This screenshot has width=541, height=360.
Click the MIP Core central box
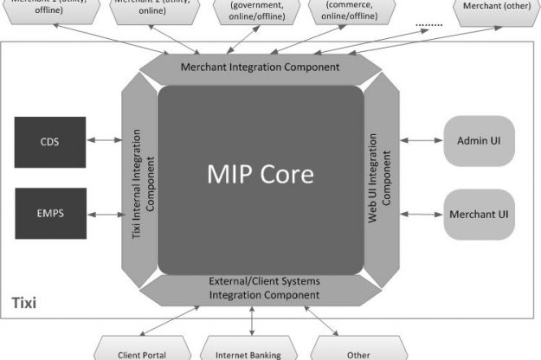259,173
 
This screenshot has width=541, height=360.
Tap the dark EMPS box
50,213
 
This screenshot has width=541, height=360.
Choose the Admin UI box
478,139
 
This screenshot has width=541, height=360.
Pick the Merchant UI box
478,213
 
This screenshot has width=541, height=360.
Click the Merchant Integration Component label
260,67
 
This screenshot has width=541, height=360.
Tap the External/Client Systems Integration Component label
263,288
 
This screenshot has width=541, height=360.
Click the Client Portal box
142,352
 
